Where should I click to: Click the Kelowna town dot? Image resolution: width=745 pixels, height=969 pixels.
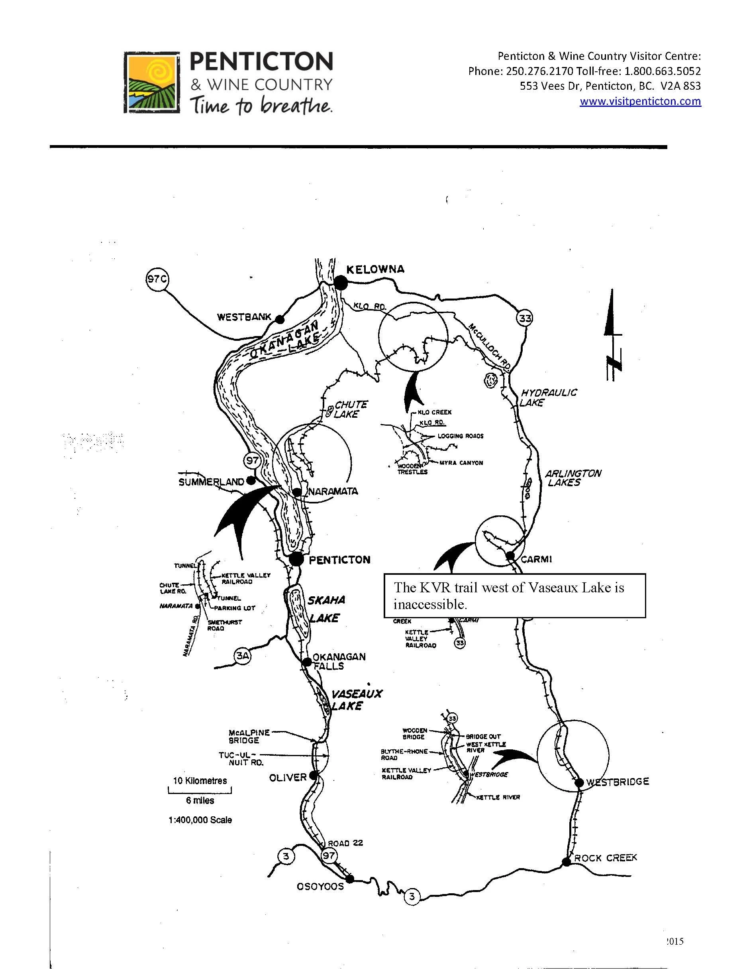[x=341, y=283]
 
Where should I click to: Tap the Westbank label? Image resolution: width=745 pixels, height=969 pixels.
[x=244, y=317]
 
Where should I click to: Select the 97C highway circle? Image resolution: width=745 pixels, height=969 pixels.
[x=157, y=279]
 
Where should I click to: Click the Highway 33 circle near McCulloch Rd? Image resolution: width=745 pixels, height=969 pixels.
[x=525, y=318]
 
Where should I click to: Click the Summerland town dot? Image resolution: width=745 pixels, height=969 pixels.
[x=251, y=480]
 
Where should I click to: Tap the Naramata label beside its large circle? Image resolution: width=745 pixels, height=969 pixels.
[x=333, y=491]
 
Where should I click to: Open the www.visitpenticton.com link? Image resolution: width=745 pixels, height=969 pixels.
[x=640, y=101]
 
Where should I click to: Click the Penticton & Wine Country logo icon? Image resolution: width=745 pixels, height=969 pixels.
[x=152, y=83]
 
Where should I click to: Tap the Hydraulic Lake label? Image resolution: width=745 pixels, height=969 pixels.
[x=549, y=397]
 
